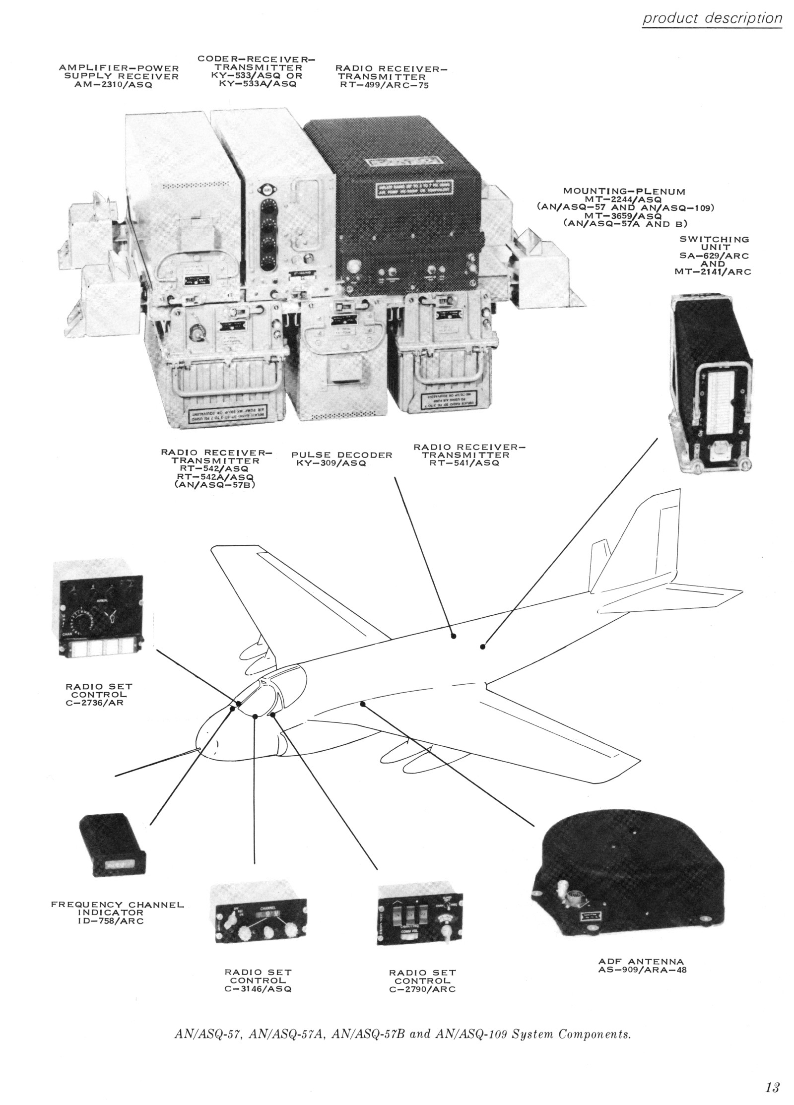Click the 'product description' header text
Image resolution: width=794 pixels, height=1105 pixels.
[712, 19]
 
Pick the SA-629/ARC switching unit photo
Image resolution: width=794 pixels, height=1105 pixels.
[711, 382]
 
